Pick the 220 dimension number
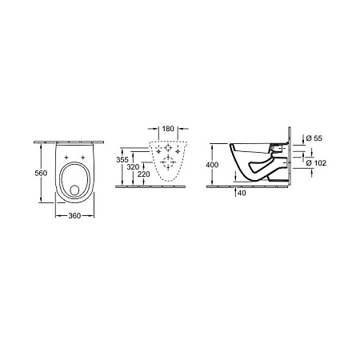coord(144,174)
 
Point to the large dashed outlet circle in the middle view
coord(167,164)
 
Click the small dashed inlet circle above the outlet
coord(167,149)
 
